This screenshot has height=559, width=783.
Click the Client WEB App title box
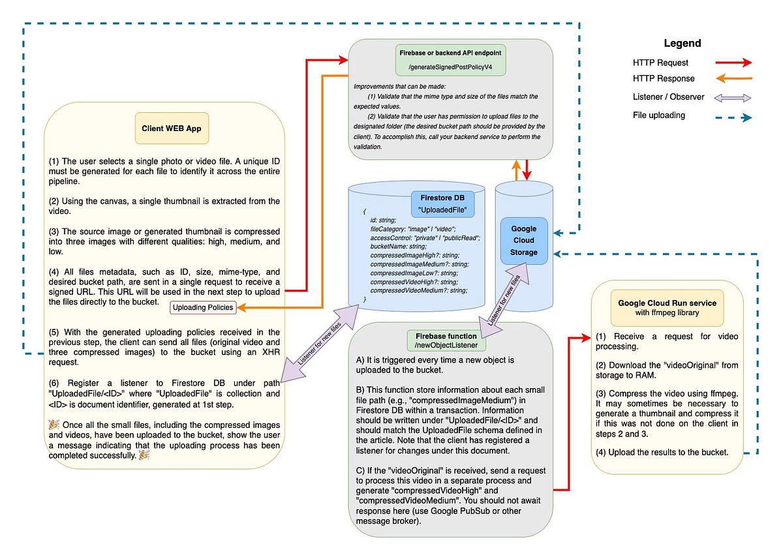(172, 128)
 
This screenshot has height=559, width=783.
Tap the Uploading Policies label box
(203, 307)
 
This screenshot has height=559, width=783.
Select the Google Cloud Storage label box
(523, 241)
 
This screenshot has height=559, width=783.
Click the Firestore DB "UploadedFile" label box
(442, 204)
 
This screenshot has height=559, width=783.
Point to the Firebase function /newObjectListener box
(446, 340)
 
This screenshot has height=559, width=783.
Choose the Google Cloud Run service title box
(667, 308)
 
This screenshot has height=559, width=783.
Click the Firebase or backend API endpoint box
(450, 60)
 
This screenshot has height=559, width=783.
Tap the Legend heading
(683, 43)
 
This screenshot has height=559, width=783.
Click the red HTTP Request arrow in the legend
(733, 63)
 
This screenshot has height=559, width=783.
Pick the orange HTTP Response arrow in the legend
(733, 79)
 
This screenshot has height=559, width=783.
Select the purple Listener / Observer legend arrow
(732, 98)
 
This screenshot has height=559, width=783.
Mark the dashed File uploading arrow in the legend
(733, 117)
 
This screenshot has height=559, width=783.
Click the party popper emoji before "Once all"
(54, 425)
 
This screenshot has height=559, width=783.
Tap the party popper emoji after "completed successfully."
(144, 455)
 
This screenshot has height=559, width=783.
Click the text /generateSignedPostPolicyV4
(450, 67)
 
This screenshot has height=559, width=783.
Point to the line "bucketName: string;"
(399, 247)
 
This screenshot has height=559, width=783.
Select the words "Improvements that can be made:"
(399, 86)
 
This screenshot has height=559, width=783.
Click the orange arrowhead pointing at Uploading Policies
(241, 307)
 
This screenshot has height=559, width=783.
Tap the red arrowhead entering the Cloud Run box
(586, 337)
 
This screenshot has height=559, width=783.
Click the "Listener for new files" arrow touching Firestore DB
(320, 344)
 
